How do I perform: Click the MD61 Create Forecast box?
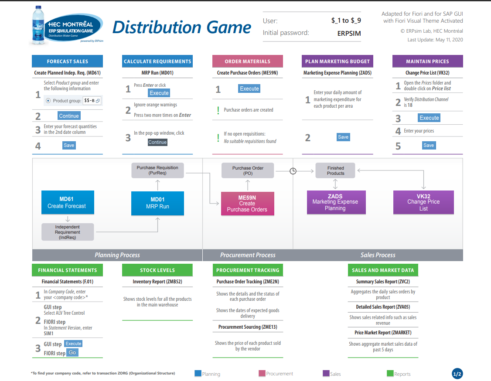point(67,203)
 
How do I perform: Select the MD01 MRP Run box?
point(157,203)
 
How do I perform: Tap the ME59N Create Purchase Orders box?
point(247,204)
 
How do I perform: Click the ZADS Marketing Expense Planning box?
point(335,202)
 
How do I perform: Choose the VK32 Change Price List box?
point(423,202)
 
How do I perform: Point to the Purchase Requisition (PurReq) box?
point(157,170)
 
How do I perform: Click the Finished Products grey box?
point(335,170)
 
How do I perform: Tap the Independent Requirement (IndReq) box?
point(68,232)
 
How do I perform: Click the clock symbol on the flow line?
point(293,171)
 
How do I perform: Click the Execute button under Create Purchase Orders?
point(249,88)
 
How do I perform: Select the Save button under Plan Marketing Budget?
point(343,137)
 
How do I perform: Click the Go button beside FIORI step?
point(72,352)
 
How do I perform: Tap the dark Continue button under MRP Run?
point(157,142)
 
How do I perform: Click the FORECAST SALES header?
point(68,61)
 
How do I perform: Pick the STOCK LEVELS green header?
point(157,270)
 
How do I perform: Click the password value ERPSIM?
point(349,33)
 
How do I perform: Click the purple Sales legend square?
point(326,374)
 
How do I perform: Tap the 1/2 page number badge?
point(457,374)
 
